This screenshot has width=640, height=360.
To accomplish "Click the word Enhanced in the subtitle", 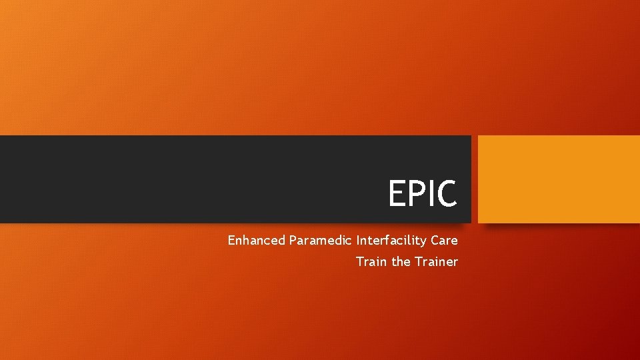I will coord(257,240).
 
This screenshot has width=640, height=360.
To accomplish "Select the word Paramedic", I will coord(321,240).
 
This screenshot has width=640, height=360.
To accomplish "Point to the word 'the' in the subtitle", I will coord(401,262).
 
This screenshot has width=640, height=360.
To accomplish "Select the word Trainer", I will coord(437,262).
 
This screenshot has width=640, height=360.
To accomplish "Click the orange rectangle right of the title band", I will coord(559,179).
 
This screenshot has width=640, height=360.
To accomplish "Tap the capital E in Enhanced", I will coord(231,240).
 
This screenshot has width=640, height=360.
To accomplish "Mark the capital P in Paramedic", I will coord(293,240).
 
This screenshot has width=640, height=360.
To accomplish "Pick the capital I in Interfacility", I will coord(359,240).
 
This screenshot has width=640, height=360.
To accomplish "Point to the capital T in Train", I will coord(360,262).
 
